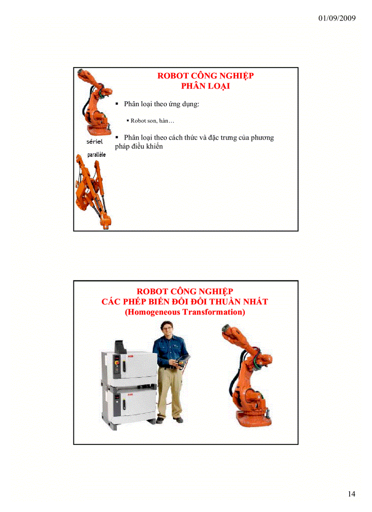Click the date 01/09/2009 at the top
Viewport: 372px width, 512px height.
pos(336,18)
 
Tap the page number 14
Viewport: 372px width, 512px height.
pos(351,494)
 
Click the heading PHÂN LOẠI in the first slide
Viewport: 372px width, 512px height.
pos(205,86)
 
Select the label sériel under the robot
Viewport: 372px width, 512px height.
pos(94,141)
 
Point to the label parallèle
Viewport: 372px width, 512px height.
pos(97,155)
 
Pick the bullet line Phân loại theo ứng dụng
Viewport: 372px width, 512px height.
pos(161,104)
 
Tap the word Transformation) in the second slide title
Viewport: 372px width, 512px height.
pos(214,312)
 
